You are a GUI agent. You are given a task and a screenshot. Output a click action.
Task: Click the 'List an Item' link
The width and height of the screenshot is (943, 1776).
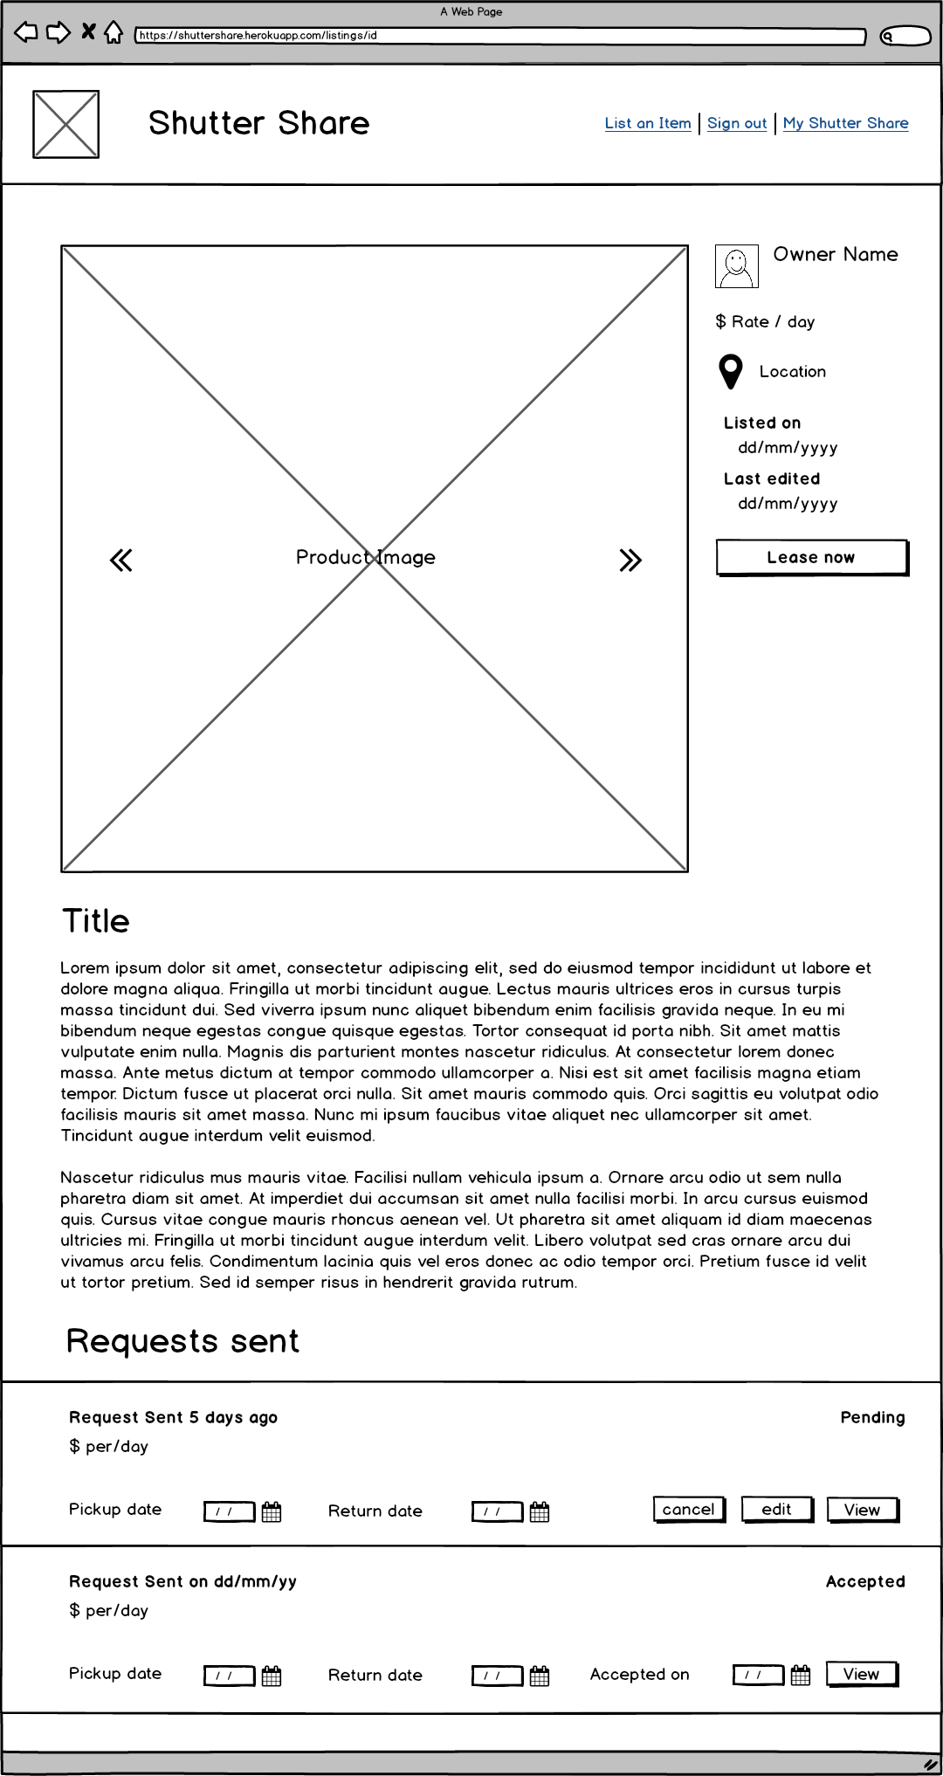647,123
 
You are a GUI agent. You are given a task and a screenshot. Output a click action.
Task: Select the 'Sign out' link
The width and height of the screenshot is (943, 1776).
737,123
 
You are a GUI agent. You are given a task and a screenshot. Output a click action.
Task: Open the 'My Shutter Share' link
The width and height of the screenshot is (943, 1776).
845,123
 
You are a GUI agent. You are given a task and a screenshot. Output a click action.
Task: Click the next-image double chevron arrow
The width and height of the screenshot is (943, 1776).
630,560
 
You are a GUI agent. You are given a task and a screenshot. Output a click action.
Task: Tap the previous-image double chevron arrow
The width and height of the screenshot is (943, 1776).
121,560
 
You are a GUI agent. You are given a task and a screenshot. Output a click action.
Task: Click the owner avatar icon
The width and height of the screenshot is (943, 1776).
736,266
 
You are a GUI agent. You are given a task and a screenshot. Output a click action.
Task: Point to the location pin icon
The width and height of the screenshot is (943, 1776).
730,371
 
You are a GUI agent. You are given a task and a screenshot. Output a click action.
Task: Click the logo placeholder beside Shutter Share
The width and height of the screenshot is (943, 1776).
65,124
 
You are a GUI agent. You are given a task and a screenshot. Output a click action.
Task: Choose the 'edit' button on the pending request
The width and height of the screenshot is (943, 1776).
776,1509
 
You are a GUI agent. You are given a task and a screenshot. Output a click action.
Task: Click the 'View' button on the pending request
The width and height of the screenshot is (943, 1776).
862,1510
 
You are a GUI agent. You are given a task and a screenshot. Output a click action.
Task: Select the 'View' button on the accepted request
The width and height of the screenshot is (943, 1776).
862,1674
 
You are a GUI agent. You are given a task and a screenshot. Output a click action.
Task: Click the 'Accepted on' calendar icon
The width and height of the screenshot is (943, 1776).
800,1676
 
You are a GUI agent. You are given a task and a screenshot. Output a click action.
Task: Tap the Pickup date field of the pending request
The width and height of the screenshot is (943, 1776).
229,1511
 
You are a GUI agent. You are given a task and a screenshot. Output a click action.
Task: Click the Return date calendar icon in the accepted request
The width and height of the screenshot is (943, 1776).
540,1676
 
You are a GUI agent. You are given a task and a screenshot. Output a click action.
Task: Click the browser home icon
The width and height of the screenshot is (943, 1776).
114,32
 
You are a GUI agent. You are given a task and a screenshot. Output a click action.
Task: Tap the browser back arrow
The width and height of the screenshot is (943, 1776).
26,32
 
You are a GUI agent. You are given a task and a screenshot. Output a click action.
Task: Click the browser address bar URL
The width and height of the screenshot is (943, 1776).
499,36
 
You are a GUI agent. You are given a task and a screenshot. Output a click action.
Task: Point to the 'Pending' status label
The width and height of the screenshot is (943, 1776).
871,1417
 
